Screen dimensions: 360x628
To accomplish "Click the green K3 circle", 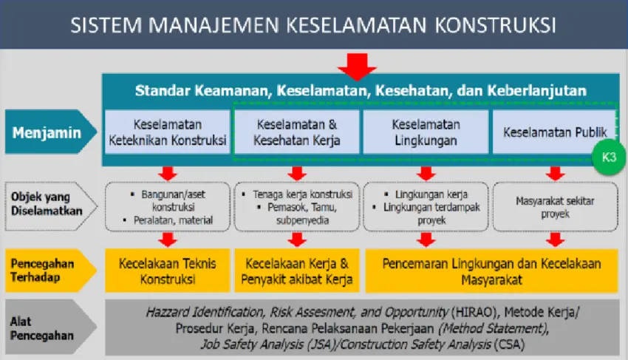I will [x=607, y=157].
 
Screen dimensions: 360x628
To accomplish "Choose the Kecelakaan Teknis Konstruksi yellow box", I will [x=167, y=271].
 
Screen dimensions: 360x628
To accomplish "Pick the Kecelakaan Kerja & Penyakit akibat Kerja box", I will [x=296, y=271].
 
